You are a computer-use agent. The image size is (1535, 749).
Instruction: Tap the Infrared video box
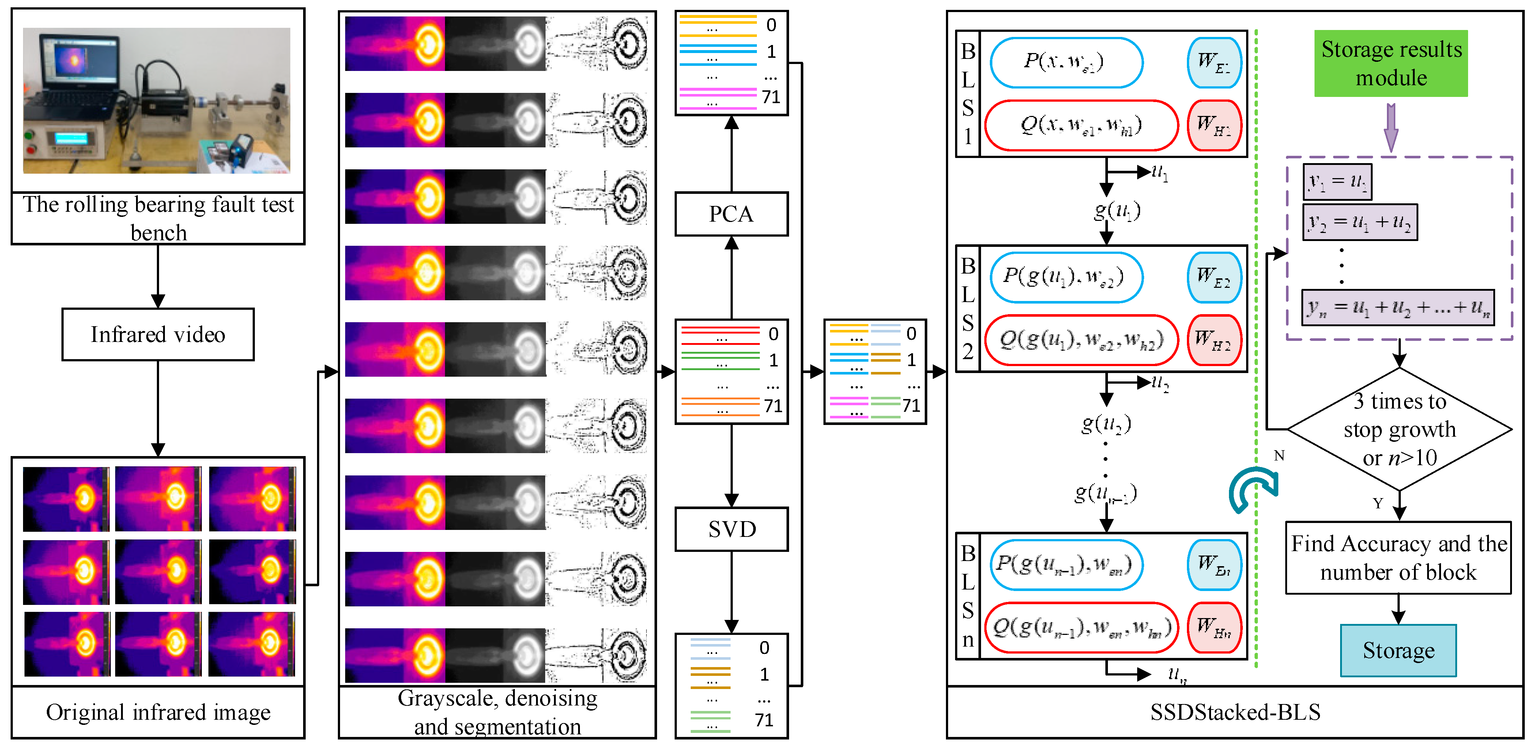point(158,334)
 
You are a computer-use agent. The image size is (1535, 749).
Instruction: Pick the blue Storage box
point(1398,650)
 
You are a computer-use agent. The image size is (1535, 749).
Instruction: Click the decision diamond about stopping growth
point(1399,429)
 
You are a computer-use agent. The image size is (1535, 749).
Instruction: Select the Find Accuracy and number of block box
point(1398,558)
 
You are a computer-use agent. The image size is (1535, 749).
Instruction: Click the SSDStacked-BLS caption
point(1235,712)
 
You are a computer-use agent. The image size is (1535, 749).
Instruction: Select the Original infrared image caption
point(158,712)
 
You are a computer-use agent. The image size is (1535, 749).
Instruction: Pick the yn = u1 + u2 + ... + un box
point(1398,308)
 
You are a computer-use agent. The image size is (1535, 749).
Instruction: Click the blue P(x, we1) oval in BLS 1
point(1066,62)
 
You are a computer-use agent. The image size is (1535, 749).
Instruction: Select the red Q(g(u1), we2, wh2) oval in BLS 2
point(1081,340)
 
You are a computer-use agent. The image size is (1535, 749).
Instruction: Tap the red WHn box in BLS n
point(1214,627)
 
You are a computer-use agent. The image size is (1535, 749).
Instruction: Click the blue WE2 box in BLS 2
point(1214,277)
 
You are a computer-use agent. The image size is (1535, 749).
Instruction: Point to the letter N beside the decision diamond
point(1279,456)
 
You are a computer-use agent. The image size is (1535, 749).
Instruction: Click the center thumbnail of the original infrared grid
point(158,571)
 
